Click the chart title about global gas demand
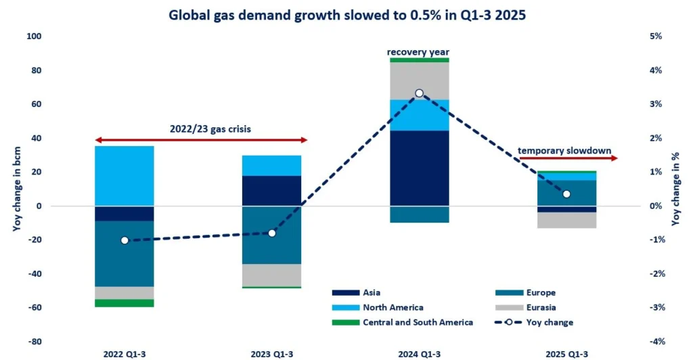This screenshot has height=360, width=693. coord(346,13)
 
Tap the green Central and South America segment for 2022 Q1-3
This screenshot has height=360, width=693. coord(125,303)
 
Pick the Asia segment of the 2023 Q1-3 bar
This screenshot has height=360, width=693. coord(272,191)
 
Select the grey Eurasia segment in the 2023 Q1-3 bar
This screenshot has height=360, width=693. coord(272,275)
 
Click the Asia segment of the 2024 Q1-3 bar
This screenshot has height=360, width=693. coord(420,168)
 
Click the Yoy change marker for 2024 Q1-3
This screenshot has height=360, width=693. coord(420,93)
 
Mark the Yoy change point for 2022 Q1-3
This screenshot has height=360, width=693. coord(125,240)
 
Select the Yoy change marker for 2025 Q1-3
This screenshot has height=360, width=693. coord(567,194)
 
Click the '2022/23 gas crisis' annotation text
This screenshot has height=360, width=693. coord(201,127)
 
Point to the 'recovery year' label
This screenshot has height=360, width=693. coord(418,51)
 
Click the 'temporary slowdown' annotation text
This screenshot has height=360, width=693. coord(564,150)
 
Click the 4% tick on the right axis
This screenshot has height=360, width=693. coord(656,70)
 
